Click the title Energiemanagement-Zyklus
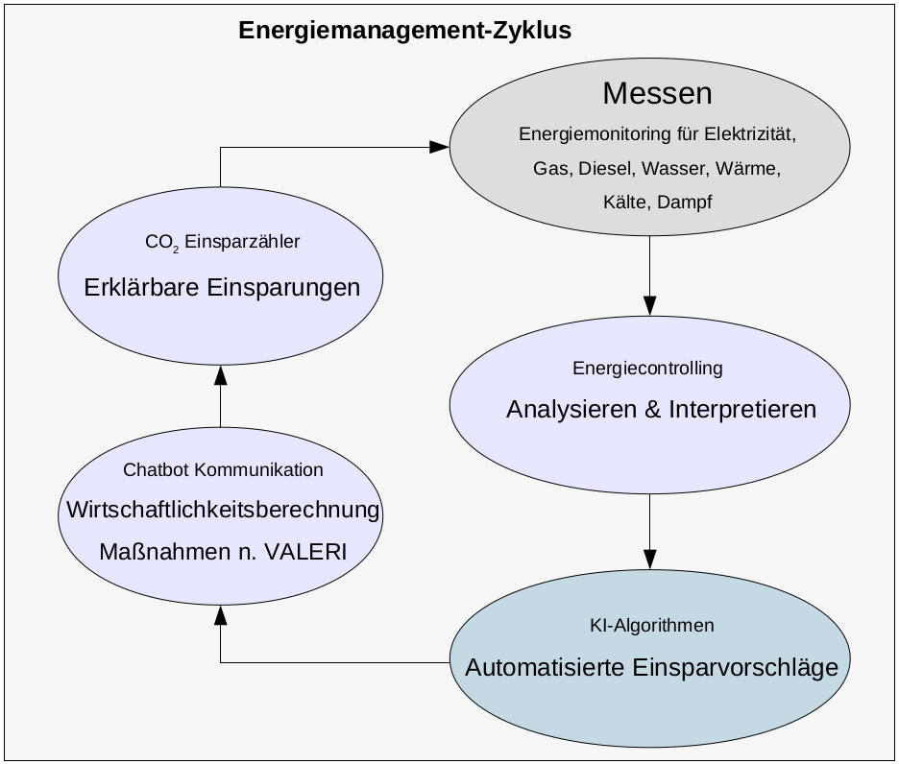(404, 31)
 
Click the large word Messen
(657, 93)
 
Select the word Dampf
(685, 203)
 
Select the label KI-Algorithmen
(651, 626)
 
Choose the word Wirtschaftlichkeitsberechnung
(223, 510)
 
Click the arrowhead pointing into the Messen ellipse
(440, 147)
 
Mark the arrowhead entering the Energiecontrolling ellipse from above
(650, 306)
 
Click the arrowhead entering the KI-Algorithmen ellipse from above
(650, 559)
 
